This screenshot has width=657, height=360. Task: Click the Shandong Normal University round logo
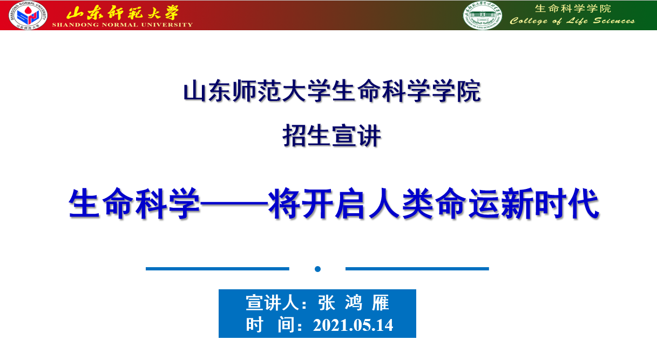(28, 15)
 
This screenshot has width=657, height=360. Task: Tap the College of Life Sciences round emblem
(483, 16)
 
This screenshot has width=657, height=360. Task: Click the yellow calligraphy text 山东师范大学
(123, 12)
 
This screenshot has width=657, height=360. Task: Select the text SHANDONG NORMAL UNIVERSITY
(123, 25)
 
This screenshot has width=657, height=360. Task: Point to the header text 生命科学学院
(573, 9)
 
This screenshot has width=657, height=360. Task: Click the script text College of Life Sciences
(572, 21)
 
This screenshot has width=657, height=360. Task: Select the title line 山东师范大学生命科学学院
(332, 91)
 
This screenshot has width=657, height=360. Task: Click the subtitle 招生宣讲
(331, 135)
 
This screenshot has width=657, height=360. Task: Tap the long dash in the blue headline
(234, 203)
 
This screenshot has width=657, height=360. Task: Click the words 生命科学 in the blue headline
(134, 203)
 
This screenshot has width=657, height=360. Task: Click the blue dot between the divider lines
(317, 269)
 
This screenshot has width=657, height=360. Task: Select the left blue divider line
(218, 269)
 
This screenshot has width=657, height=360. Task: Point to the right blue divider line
(417, 269)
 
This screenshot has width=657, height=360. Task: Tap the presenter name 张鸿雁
(354, 303)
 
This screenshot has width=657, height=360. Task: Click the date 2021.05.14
(353, 325)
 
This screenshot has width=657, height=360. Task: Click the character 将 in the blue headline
(284, 203)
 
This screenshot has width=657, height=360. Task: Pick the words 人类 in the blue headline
(401, 203)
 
